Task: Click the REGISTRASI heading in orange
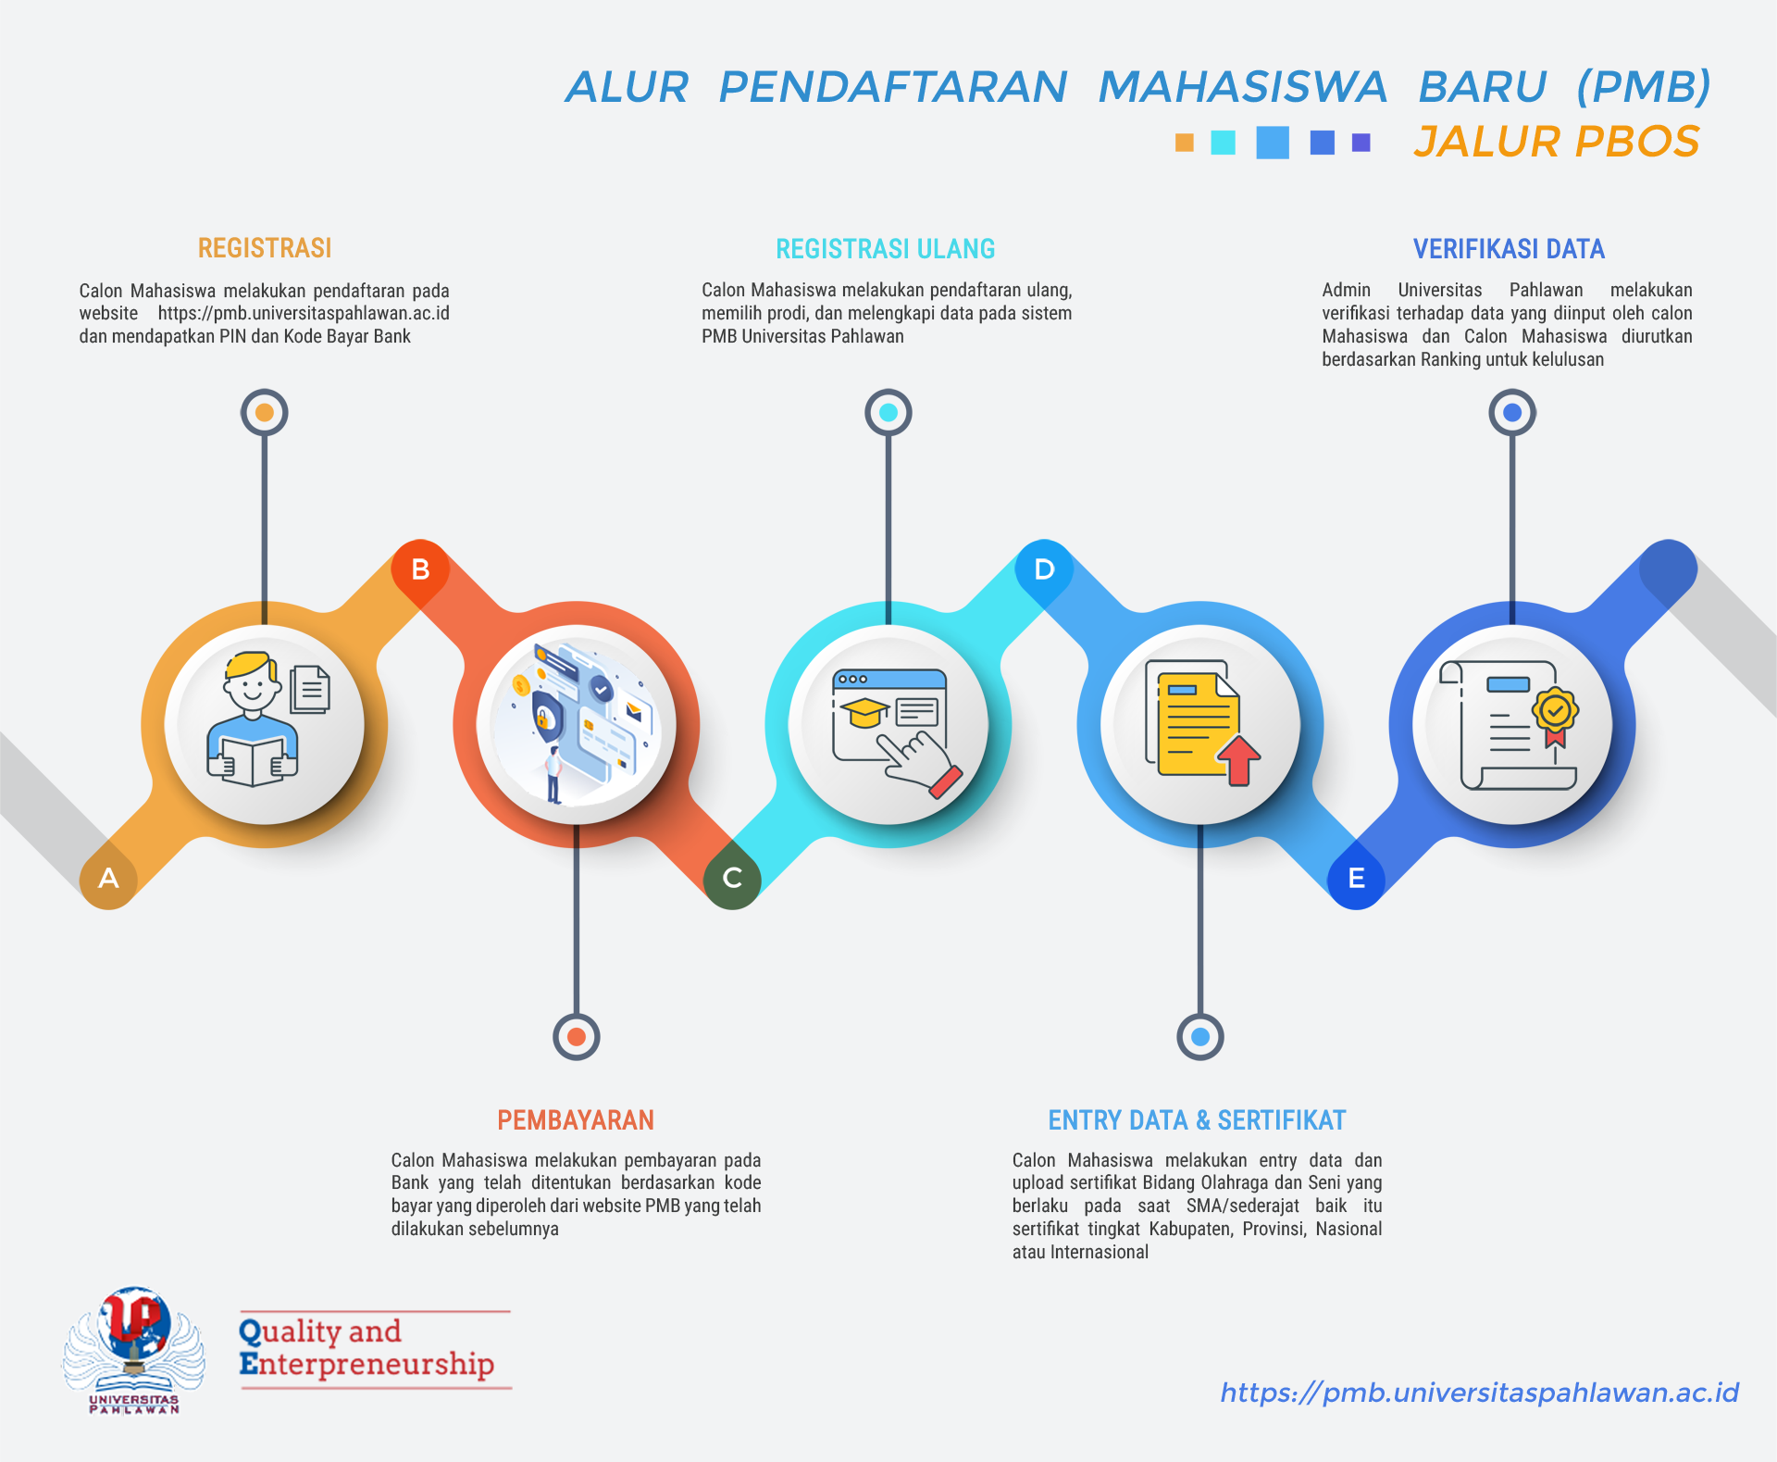pyautogui.click(x=265, y=248)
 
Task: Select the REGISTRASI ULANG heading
pyautogui.click(x=886, y=249)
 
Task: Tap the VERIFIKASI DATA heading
pyautogui.click(x=1509, y=249)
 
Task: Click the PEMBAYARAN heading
pyautogui.click(x=576, y=1120)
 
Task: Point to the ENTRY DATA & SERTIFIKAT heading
pyautogui.click(x=1197, y=1120)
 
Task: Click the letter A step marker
pyautogui.click(x=108, y=879)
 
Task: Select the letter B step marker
pyautogui.click(x=420, y=569)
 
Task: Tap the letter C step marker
pyautogui.click(x=732, y=879)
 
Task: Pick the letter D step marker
pyautogui.click(x=1044, y=569)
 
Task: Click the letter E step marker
pyautogui.click(x=1356, y=879)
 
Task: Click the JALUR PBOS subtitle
pyautogui.click(x=1557, y=142)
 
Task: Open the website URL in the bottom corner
pyautogui.click(x=1479, y=1393)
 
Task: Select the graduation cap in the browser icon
pyautogui.click(x=864, y=713)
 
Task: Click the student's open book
pyautogui.click(x=252, y=761)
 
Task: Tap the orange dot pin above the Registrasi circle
pyautogui.click(x=265, y=412)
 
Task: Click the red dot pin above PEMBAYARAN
pyautogui.click(x=577, y=1037)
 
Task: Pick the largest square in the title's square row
pyautogui.click(x=1273, y=143)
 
